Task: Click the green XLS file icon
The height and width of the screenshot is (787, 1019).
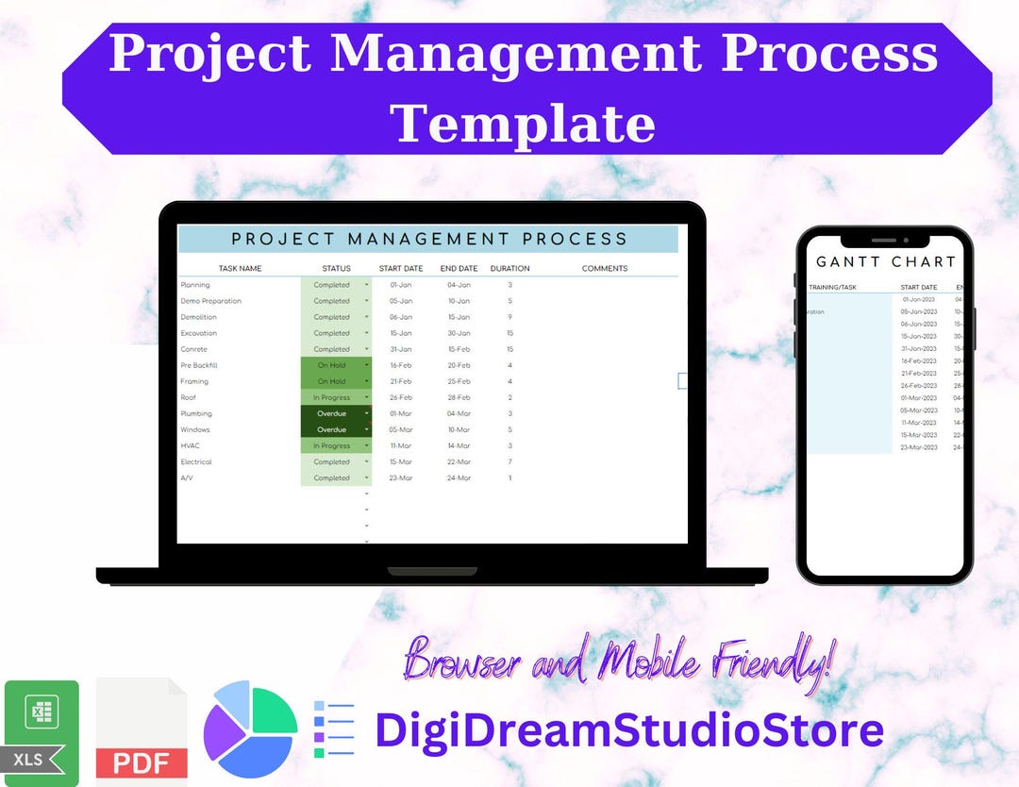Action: coord(42,731)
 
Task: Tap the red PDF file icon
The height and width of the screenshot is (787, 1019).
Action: coord(142,731)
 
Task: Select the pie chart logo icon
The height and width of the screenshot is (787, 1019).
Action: coord(250,729)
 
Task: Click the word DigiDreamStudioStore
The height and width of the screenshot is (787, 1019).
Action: coord(628,729)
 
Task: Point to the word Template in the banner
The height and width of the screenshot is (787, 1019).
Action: coord(523,124)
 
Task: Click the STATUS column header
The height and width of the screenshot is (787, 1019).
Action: coord(336,269)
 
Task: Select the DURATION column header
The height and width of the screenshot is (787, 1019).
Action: coord(509,269)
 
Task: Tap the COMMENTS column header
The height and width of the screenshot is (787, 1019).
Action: coord(604,269)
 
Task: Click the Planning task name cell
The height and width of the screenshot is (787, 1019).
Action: coord(195,285)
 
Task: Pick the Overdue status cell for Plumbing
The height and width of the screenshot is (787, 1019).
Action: coord(332,413)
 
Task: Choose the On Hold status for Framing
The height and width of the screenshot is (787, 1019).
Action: coord(331,381)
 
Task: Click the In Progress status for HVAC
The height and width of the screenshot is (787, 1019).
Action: coord(331,445)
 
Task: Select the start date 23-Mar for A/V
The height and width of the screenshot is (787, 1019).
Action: coord(400,478)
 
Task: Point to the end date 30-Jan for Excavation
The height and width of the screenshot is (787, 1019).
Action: coord(459,333)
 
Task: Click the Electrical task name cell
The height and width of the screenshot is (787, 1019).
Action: coord(196,462)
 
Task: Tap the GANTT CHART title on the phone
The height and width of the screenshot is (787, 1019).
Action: coord(885,261)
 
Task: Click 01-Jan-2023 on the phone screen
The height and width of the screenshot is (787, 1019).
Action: coord(919,299)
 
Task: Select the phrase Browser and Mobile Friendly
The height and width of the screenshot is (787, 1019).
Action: coord(619,659)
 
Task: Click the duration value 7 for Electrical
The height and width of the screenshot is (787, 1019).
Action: coord(509,462)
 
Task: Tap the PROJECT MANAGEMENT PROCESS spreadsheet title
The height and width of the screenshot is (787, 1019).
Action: coord(429,240)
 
